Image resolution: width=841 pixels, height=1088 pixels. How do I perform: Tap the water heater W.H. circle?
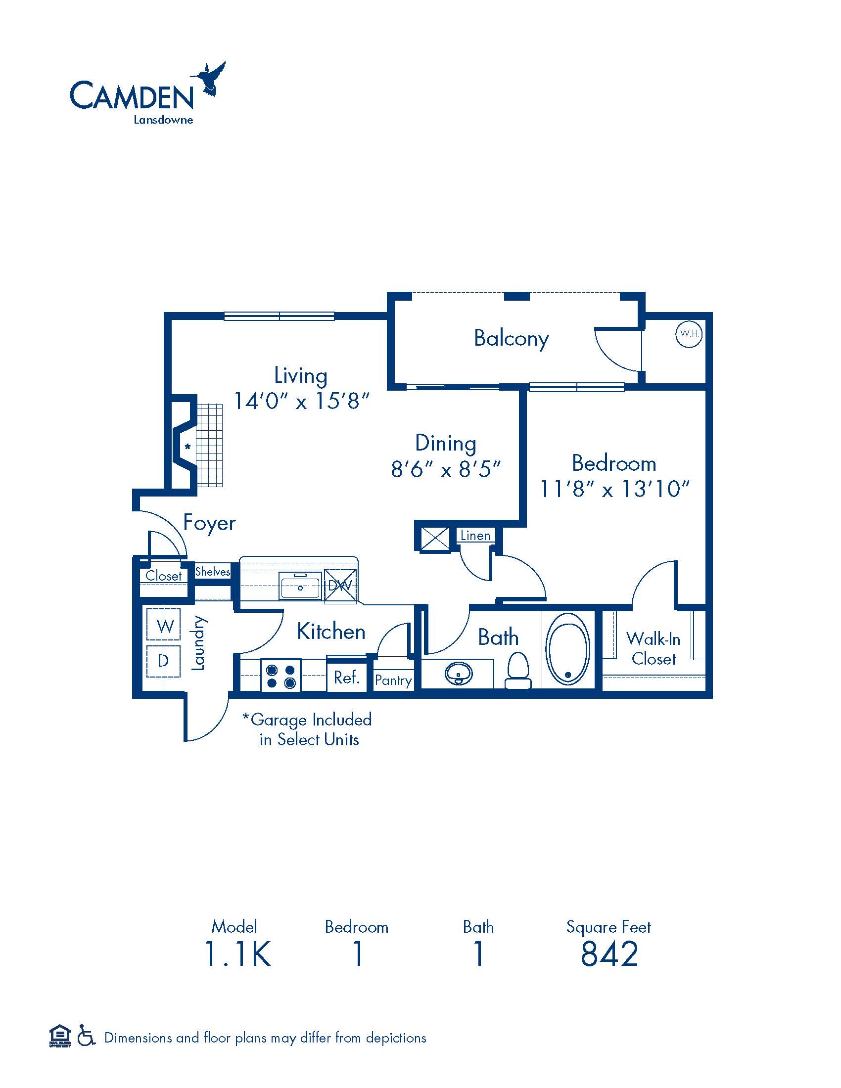tap(689, 334)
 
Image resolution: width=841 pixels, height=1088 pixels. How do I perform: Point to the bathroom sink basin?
tap(459, 674)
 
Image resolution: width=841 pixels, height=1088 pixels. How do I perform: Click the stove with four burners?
tap(281, 675)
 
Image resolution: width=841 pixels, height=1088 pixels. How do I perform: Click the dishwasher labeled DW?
tap(340, 586)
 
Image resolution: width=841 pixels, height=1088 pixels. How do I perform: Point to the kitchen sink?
tap(300, 586)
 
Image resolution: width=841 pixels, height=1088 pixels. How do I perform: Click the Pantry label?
tap(393, 680)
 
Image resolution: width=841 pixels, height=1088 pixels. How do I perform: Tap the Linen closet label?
tap(475, 536)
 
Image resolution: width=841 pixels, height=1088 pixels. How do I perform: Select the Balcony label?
tap(511, 339)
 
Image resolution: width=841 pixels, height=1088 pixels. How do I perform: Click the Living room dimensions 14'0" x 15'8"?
tap(301, 401)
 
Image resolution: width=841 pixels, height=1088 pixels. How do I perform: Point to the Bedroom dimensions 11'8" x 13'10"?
tap(614, 489)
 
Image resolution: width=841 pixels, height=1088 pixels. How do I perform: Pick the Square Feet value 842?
tap(609, 954)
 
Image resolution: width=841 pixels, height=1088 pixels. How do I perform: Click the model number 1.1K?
tap(237, 954)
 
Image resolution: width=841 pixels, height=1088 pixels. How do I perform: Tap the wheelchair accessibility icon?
tap(86, 1037)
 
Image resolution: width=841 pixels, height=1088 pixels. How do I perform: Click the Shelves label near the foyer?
tap(212, 571)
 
